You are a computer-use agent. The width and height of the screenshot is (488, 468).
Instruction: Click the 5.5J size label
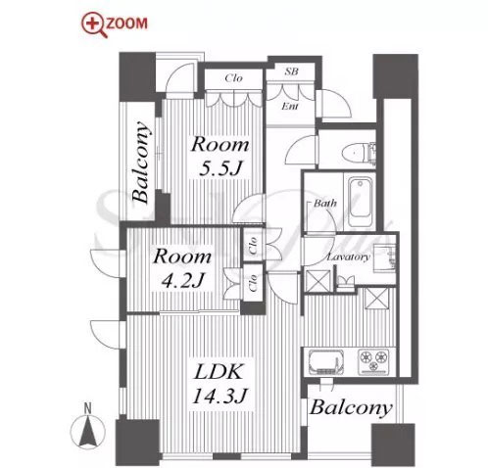[220, 169]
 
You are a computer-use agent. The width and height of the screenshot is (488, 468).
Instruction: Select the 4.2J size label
[183, 279]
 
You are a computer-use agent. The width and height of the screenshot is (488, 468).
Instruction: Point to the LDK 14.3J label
[220, 384]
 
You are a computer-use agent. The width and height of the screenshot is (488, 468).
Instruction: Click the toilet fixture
[354, 152]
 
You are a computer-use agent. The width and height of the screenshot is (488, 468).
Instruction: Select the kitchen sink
[325, 362]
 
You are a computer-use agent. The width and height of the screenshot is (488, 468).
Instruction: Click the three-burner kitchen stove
[374, 362]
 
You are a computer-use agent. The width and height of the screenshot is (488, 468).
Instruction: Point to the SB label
[291, 71]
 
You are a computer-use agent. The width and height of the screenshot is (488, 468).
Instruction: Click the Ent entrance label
[290, 106]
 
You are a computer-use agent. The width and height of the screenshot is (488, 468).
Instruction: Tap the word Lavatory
[349, 257]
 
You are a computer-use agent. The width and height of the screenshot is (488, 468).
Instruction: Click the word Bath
[325, 204]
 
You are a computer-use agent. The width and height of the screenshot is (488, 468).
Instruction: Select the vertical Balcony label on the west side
[141, 163]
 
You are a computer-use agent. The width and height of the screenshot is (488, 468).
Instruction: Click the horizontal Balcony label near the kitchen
[351, 408]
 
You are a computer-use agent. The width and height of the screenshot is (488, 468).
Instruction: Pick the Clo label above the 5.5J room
[234, 78]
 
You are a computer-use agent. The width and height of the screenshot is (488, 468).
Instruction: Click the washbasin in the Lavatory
[385, 258]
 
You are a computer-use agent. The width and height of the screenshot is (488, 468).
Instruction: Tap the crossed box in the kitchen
[376, 298]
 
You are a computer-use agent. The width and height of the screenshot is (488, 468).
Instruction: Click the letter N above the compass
[87, 408]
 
